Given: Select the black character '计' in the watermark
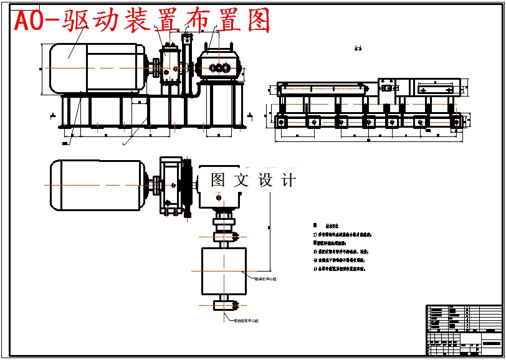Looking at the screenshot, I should [289, 181].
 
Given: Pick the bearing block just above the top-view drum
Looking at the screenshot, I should [223, 237].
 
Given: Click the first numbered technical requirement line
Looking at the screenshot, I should [343, 235].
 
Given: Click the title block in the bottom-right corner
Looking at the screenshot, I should [464, 329].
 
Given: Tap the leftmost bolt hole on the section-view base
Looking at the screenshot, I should [282, 123].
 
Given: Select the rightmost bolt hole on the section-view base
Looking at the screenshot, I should [457, 123].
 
